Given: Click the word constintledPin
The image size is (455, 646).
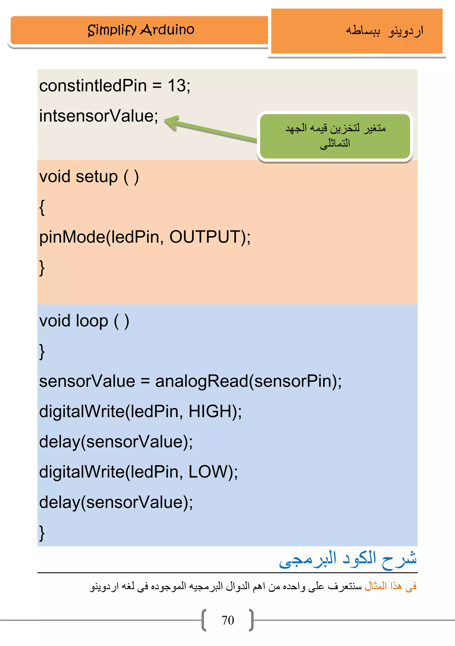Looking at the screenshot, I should (93, 86).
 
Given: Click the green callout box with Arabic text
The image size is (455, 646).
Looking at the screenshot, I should (335, 136).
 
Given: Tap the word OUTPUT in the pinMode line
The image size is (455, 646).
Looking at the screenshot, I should (204, 237).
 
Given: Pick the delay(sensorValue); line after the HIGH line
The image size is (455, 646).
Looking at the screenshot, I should (116, 442).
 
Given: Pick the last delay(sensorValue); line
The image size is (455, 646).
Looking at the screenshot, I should (116, 502).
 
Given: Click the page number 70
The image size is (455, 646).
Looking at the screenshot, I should (227, 620).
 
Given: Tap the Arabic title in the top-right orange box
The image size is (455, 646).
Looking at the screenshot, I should (384, 31).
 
